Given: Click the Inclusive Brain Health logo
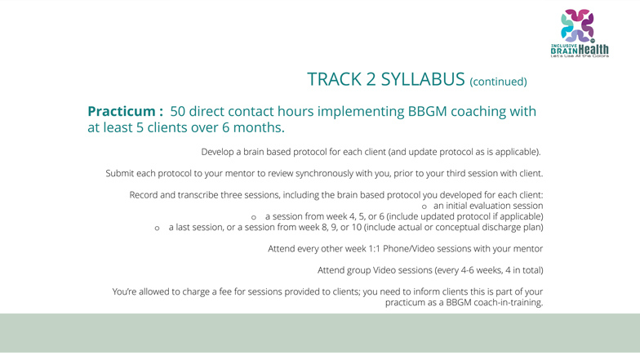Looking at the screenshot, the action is point(580,33).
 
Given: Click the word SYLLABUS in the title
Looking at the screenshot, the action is point(423,79).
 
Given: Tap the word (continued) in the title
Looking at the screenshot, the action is point(498,82).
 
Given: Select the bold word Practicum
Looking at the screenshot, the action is point(121,111).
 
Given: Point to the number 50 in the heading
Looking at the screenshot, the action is point(178,111).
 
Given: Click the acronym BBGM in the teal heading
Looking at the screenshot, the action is point(428,111).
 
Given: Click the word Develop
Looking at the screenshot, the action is point(217,152).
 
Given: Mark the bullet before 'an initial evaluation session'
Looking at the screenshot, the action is point(424,207).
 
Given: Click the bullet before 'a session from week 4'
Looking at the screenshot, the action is point(253,217).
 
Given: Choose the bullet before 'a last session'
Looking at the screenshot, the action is point(157,229).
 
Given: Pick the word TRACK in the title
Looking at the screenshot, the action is point(335,79).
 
